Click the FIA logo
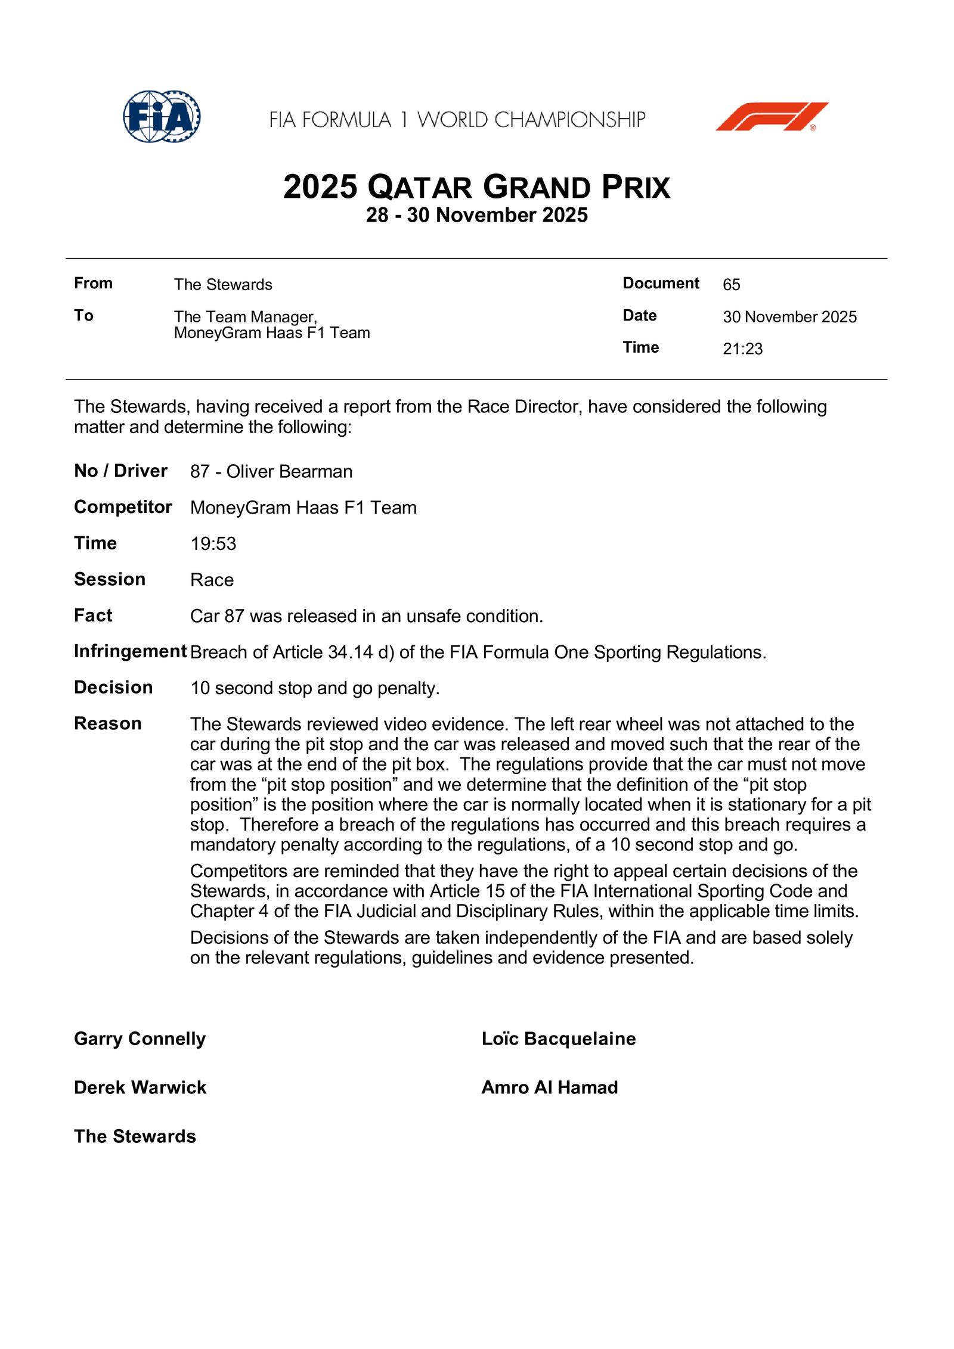[x=162, y=117]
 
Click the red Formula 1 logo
[x=772, y=117]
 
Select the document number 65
[x=731, y=285]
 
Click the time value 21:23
[x=742, y=349]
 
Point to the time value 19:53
[x=213, y=544]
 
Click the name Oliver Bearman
[x=289, y=472]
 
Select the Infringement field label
[x=130, y=651]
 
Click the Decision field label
[x=113, y=688]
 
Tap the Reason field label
[x=108, y=723]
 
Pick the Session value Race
[x=212, y=580]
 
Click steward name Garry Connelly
[x=140, y=1039]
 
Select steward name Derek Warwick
[x=140, y=1088]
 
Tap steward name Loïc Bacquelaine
[x=559, y=1039]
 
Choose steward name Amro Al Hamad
[x=549, y=1088]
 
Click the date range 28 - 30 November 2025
[x=477, y=215]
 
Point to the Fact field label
[x=93, y=616]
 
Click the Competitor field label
[x=123, y=507]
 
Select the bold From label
[x=93, y=283]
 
